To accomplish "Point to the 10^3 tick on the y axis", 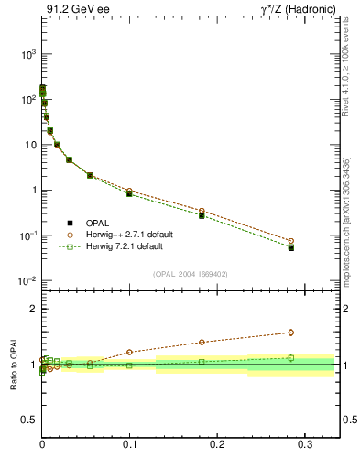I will (26, 54).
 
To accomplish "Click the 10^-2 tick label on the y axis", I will (26, 281).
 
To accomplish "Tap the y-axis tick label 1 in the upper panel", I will (31, 191).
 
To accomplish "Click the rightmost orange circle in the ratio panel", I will (290, 333).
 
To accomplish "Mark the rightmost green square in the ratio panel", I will (290, 358).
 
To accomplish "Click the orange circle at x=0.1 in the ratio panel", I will (129, 352).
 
